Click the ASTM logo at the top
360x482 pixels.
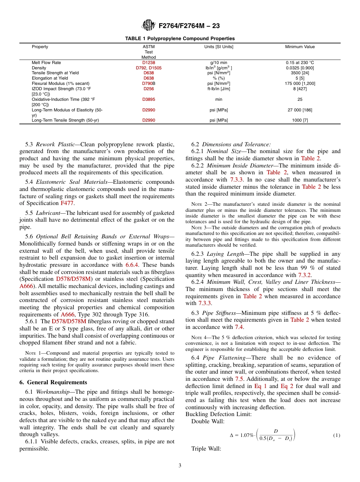point(148,25)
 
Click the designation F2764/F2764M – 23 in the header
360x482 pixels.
point(189,26)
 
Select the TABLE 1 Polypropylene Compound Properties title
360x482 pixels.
point(180,39)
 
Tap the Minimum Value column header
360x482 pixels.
point(300,47)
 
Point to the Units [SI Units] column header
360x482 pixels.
point(219,47)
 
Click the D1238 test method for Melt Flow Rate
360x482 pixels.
point(149,63)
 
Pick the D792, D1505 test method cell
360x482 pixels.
point(149,68)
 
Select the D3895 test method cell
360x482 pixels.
point(149,99)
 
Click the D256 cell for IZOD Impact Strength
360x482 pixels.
point(149,89)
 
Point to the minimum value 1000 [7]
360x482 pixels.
point(300,120)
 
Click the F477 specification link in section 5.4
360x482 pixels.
point(67,203)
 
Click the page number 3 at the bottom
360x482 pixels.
point(180,466)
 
